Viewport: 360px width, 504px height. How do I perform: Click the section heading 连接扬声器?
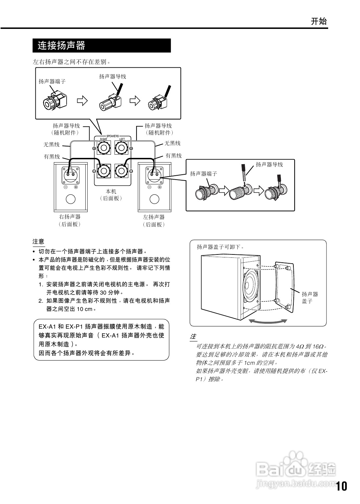pyautogui.click(x=61, y=45)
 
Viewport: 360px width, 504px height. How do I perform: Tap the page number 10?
pyautogui.click(x=341, y=486)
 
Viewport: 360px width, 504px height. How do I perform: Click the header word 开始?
pyautogui.click(x=319, y=22)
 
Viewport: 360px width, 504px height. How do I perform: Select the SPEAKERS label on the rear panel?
pyautogui.click(x=112, y=136)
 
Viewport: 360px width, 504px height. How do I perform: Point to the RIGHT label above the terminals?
pyautogui.click(x=104, y=139)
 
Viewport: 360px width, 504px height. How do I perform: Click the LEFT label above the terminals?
pyautogui.click(x=122, y=139)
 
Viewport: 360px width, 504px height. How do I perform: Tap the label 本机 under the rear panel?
pyautogui.click(x=111, y=191)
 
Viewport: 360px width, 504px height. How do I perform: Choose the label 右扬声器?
pyautogui.click(x=70, y=217)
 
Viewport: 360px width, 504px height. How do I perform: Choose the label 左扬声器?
pyautogui.click(x=154, y=217)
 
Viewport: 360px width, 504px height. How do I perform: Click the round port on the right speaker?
pyautogui.click(x=71, y=199)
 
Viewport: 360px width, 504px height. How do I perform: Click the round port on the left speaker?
pyautogui.click(x=154, y=199)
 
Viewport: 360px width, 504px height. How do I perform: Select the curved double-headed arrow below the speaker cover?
pyautogui.click(x=268, y=321)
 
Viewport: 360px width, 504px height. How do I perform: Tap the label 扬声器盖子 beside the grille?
pyautogui.click(x=310, y=297)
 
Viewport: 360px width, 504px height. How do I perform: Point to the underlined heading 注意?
pyautogui.click(x=38, y=242)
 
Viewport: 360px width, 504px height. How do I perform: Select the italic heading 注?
pyautogui.click(x=193, y=337)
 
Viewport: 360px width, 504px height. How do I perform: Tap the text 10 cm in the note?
pyautogui.click(x=84, y=309)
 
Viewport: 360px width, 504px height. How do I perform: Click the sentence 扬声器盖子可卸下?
pyautogui.click(x=220, y=247)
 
